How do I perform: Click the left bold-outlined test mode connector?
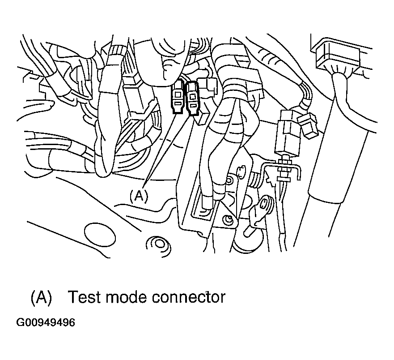point(178,96)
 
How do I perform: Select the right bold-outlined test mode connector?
point(192,99)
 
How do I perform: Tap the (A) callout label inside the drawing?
point(139,196)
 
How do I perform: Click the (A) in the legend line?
point(41,297)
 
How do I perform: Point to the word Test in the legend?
point(85,297)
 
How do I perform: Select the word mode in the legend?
point(126,297)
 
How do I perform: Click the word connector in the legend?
point(188,297)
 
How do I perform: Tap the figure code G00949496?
point(46,322)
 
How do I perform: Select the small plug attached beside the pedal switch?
point(308,124)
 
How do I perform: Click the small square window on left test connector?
point(178,94)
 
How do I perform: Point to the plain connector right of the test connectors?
point(208,87)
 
